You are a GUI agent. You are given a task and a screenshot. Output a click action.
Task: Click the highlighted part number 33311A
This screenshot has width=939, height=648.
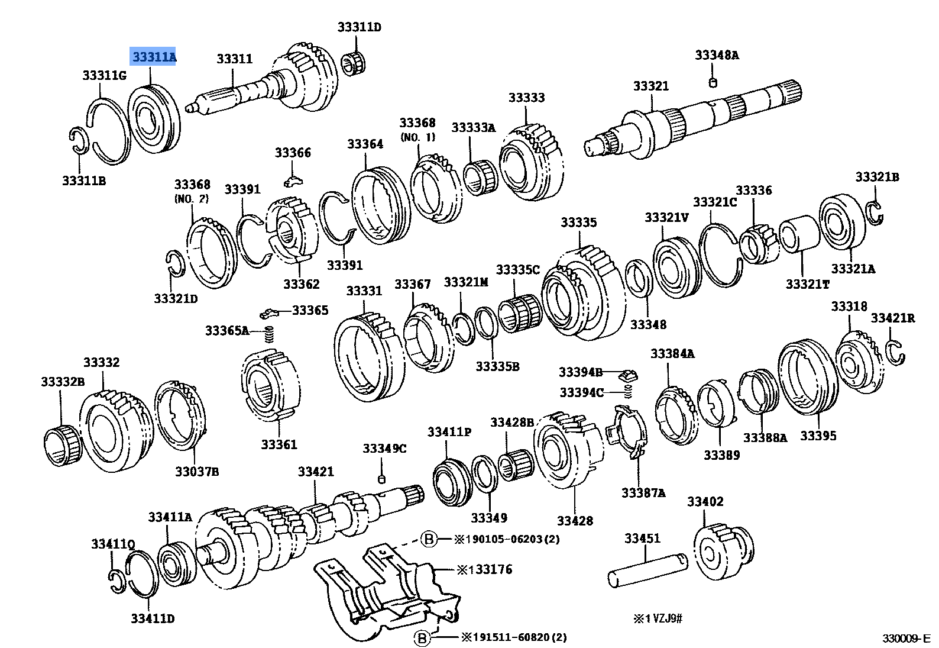point(153,57)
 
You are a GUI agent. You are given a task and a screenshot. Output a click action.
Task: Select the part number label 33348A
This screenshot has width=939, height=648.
point(717,55)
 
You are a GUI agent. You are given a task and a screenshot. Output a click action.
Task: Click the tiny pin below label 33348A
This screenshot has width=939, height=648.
point(713,83)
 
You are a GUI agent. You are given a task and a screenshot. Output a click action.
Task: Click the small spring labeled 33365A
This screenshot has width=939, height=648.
point(269,334)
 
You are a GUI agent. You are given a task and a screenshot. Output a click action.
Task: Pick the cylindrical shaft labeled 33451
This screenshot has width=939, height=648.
point(647,569)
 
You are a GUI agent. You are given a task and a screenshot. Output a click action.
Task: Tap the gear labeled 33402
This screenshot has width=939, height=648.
point(723,551)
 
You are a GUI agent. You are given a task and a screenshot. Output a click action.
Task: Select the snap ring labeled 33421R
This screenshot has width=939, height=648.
point(896,353)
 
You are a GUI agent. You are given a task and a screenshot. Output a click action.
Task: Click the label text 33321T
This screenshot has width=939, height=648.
point(807,284)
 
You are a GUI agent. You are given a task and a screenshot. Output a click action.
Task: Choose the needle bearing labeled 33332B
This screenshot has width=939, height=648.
point(61,445)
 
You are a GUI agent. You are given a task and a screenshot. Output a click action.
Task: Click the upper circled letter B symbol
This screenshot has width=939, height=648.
point(429,539)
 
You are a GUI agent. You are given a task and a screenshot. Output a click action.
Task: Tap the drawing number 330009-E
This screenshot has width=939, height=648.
point(906,638)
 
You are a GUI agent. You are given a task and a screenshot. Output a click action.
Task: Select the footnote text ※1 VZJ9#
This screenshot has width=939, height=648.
point(658,618)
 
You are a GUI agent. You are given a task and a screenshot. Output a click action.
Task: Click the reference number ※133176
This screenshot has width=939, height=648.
point(484,569)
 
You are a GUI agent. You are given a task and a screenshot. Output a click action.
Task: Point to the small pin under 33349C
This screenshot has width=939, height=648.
point(382,478)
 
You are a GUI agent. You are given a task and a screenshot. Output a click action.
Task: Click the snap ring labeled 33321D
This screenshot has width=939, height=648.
point(175,263)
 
